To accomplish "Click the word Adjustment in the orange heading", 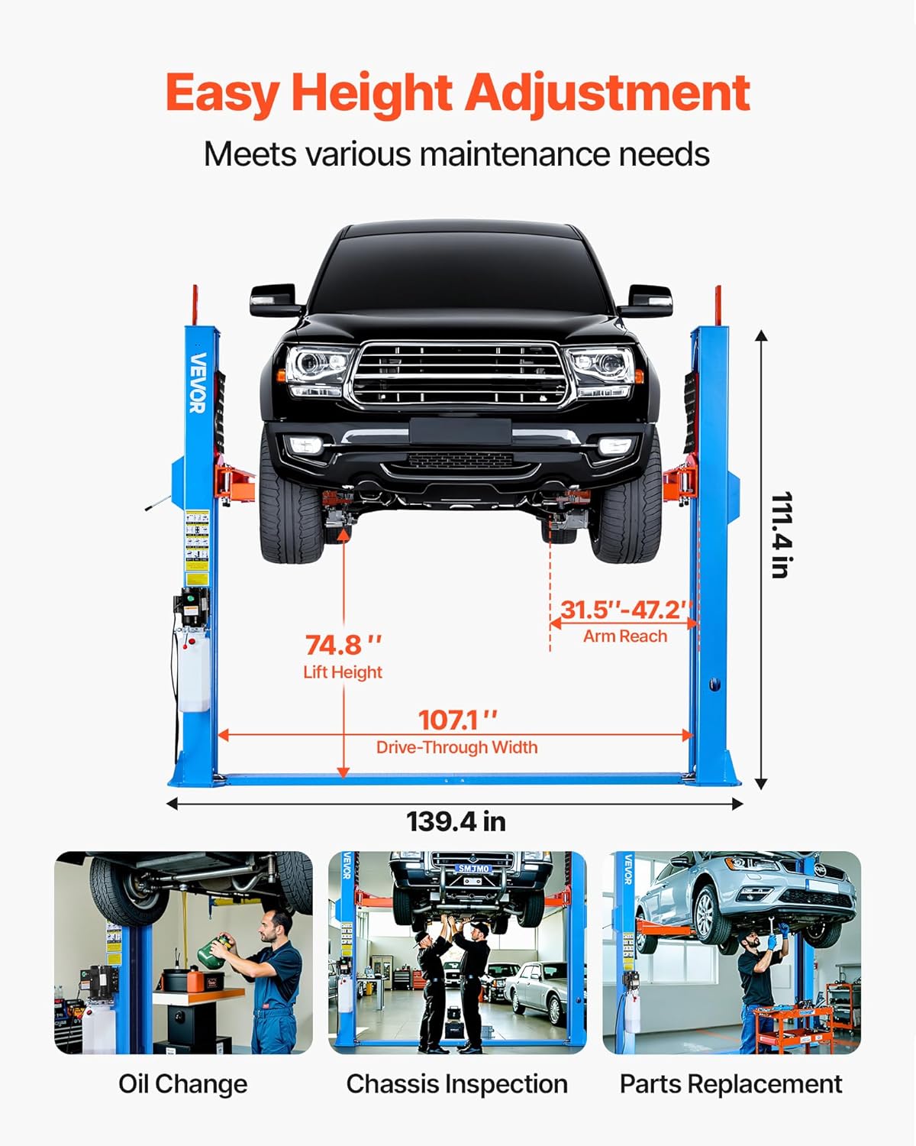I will point(608,93).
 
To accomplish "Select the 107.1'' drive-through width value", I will point(457,720).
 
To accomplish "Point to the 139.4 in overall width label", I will point(456,822).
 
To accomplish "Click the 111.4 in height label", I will point(781,535).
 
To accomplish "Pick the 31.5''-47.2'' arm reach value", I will point(625,610).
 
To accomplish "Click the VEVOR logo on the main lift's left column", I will point(198,382).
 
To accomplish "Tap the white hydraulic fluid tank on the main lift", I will point(193,672).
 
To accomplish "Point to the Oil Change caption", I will point(183,1084).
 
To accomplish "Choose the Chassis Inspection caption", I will point(456,1084).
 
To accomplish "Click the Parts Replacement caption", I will point(731,1084).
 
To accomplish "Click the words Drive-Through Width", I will point(456,747).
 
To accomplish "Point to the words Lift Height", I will point(343,672).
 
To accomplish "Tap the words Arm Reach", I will point(625,636).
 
